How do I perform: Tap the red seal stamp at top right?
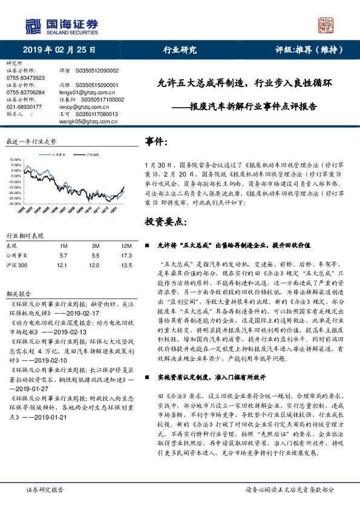327,25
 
